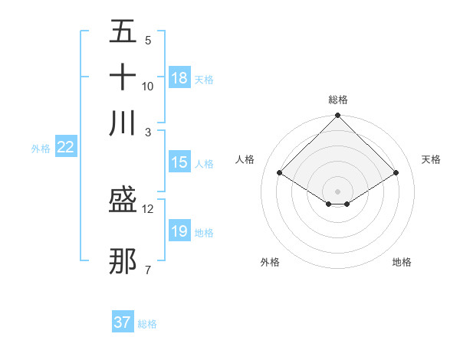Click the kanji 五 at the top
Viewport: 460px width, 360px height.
click(123, 32)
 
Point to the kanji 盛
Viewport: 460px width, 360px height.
click(123, 201)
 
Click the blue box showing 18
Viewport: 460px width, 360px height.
click(179, 78)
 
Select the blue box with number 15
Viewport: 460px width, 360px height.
click(179, 162)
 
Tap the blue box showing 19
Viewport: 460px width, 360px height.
click(179, 231)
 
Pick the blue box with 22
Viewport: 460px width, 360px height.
click(65, 148)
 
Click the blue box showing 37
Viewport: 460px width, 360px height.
click(123, 322)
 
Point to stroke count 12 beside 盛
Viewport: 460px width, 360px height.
click(148, 208)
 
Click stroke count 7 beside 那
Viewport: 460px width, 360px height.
click(147, 269)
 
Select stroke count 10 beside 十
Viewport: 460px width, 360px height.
click(148, 86)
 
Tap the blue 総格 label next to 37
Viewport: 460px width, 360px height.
click(147, 324)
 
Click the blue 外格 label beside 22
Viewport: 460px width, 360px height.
click(40, 149)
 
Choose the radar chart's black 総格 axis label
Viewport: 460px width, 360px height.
click(337, 100)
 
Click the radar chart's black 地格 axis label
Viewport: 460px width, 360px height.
click(402, 263)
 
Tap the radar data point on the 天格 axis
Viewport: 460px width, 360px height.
click(396, 173)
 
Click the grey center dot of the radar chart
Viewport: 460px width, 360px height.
click(337, 191)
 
